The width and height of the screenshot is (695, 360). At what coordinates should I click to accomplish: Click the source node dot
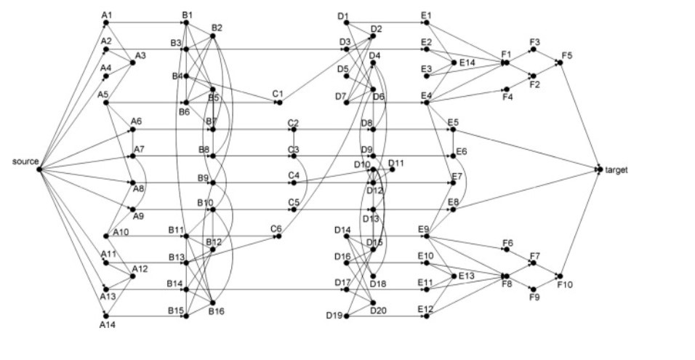pos(39,169)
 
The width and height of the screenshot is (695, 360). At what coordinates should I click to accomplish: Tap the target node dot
pos(600,169)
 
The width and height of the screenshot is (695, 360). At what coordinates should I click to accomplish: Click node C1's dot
pos(278,103)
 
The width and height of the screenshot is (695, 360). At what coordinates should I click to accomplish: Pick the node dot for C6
pos(278,236)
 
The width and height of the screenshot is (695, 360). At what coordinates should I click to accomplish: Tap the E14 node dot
pos(453,63)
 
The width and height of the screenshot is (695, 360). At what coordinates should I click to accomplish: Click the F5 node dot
pos(559,63)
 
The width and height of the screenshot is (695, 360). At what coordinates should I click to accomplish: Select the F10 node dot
pos(559,276)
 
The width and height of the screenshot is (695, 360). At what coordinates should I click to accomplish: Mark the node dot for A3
pos(132,63)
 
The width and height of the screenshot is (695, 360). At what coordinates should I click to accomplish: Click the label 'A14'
pos(108,325)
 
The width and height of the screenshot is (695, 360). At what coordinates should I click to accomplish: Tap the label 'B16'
pos(217,311)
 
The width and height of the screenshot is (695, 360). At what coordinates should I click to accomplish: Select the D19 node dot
pos(345,316)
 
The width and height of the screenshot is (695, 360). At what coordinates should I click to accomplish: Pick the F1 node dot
pos(505,63)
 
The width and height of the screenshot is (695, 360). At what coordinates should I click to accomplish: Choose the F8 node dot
pos(505,276)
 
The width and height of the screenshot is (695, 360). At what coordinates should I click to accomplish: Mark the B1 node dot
pos(186,23)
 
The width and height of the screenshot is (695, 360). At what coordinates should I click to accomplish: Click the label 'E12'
pos(425,309)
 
